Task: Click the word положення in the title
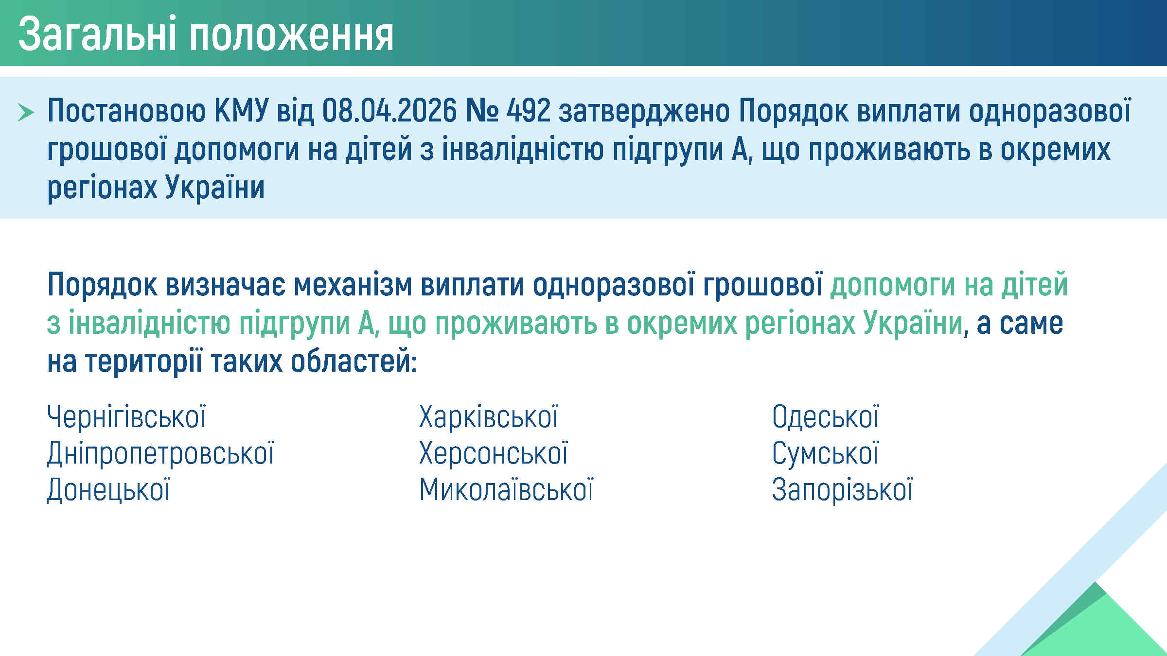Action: (291, 35)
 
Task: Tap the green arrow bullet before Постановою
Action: (26, 112)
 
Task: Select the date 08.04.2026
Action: (389, 111)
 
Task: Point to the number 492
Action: (529, 111)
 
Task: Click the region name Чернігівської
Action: (126, 417)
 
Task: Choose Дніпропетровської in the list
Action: (160, 453)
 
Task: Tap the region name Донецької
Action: (108, 489)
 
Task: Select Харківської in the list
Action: (489, 417)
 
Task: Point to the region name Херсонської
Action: (494, 453)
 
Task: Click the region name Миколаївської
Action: (506, 489)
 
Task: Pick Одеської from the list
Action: (826, 417)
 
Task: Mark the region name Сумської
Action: (825, 453)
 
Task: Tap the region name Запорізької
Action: (843, 489)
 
